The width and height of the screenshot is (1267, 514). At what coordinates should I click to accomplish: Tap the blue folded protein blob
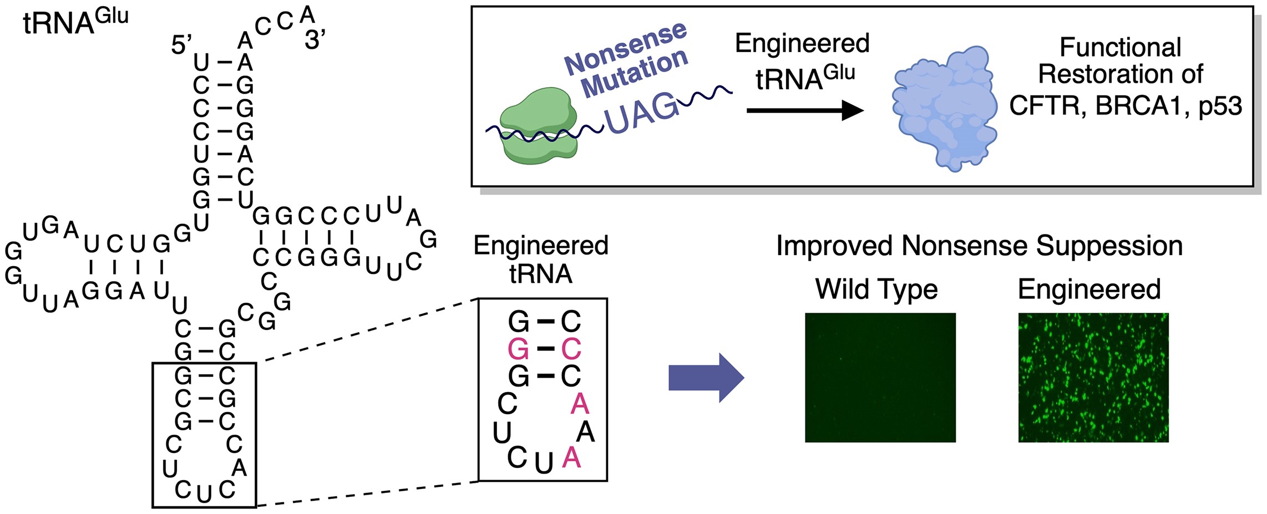tap(944, 109)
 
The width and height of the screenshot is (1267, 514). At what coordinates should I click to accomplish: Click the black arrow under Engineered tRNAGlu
tap(805, 110)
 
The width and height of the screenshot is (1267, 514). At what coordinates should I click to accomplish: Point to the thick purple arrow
tap(706, 378)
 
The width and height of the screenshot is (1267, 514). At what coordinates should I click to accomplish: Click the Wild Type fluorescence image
tap(880, 378)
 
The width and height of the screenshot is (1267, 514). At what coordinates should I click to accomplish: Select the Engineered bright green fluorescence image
tap(1093, 378)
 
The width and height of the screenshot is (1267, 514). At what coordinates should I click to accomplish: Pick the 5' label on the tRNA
tap(181, 45)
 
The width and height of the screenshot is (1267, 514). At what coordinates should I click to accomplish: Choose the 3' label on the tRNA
tap(315, 40)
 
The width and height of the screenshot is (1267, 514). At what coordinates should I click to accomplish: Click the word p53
tap(1220, 106)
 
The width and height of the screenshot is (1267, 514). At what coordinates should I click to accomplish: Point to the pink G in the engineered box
tap(518, 349)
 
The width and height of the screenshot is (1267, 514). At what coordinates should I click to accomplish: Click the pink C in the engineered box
tap(571, 349)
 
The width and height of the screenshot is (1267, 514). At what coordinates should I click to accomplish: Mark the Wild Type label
tap(876, 289)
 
